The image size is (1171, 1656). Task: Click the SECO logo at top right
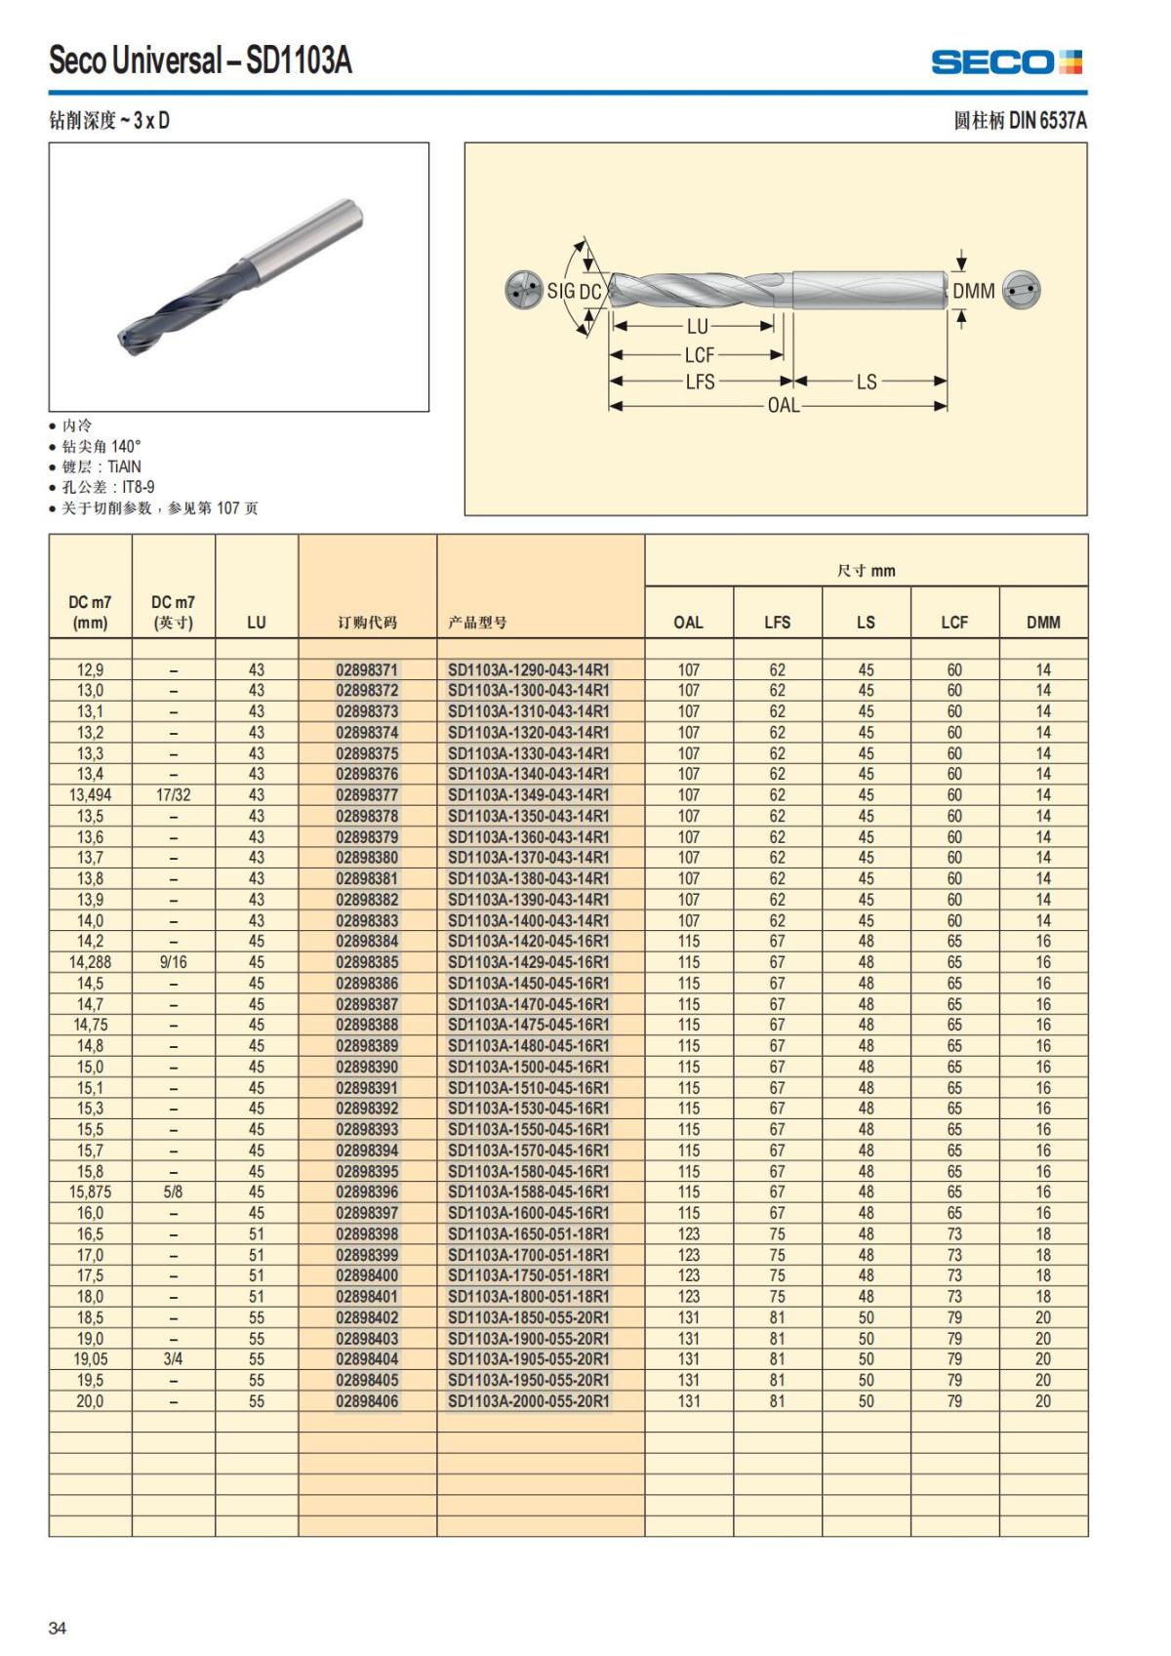tap(1006, 62)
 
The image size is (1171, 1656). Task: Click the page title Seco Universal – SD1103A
tap(200, 61)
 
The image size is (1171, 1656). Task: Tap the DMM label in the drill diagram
tap(973, 291)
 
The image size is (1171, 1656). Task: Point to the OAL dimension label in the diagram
tap(783, 405)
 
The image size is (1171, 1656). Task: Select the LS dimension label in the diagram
tap(867, 382)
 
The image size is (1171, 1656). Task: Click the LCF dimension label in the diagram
tap(699, 355)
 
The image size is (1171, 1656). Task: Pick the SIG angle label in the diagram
tap(561, 291)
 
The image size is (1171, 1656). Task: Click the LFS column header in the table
tap(777, 622)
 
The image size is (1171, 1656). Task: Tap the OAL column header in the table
tap(688, 622)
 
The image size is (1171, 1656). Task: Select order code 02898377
tap(367, 795)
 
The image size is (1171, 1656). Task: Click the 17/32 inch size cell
tap(174, 795)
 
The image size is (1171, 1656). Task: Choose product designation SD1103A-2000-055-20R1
tap(528, 1401)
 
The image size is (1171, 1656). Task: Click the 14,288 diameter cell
tap(90, 962)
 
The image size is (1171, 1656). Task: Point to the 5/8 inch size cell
tap(174, 1192)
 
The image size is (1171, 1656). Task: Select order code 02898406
tap(367, 1401)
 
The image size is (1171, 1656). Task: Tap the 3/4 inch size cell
tap(174, 1359)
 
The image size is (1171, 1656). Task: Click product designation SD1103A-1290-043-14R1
tap(528, 670)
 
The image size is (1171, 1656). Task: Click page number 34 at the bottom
tap(58, 1628)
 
